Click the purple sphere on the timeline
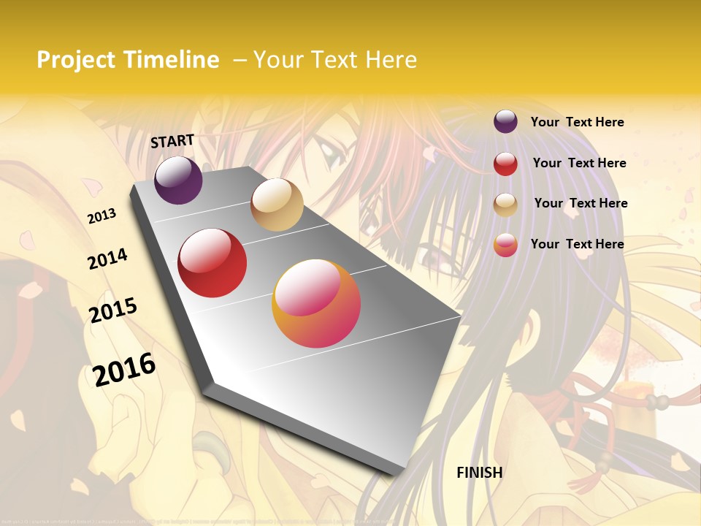pos(178,180)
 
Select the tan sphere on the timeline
pos(277,205)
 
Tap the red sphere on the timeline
pos(212,263)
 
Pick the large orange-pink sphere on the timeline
pos(316,303)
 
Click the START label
pos(172,141)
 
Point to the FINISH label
pos(480,473)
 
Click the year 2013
pos(102,216)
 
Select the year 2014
pos(107,259)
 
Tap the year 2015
pos(113,310)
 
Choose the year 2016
pos(124,369)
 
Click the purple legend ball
pos(505,121)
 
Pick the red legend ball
pos(505,164)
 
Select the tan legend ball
pos(505,205)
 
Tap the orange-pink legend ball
pos(505,245)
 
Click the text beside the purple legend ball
pos(577,122)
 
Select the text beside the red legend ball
pos(579,163)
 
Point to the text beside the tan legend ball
pos(581,203)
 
